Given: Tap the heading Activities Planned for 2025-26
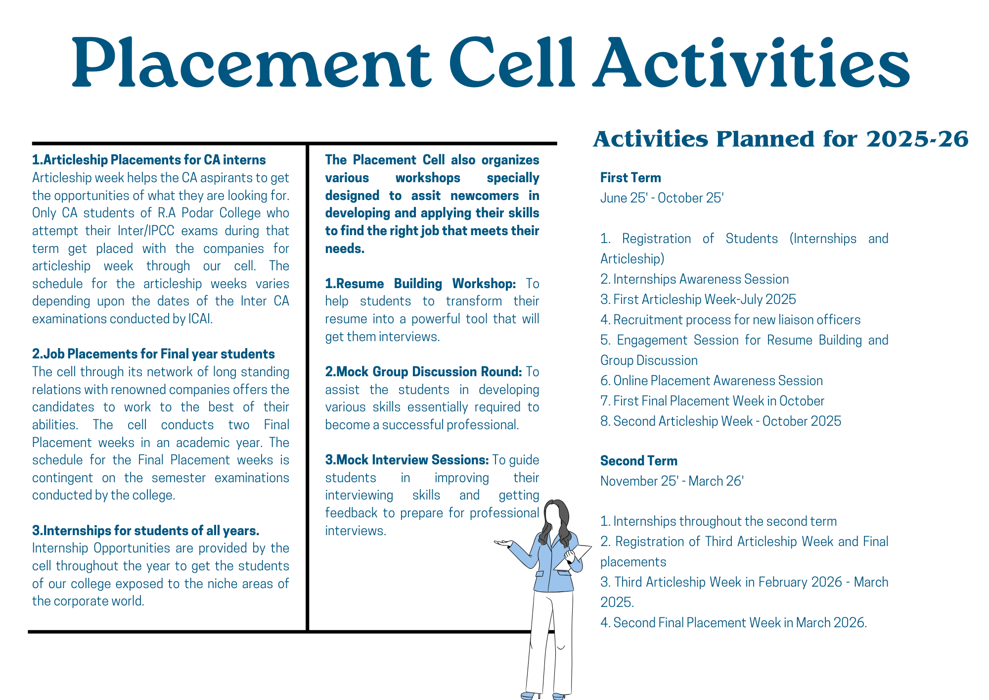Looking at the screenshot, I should tap(780, 139).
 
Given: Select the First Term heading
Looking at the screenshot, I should tap(630, 178).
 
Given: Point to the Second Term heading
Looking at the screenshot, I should tap(638, 461).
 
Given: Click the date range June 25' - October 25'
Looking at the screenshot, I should tap(662, 198).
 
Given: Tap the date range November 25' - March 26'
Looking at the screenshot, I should tap(672, 481).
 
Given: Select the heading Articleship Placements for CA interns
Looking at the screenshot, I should tap(149, 160).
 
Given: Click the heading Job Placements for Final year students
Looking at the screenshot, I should tap(153, 354).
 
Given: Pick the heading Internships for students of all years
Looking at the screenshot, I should tap(145, 531).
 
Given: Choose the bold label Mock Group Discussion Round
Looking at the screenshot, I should tap(423, 372).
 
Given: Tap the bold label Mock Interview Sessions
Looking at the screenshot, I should tap(407, 460).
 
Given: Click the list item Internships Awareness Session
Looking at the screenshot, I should tap(694, 279).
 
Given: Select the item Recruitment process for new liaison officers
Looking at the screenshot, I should tap(730, 320).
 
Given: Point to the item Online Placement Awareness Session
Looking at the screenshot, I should tap(711, 381).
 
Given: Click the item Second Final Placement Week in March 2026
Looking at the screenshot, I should tap(733, 623).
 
